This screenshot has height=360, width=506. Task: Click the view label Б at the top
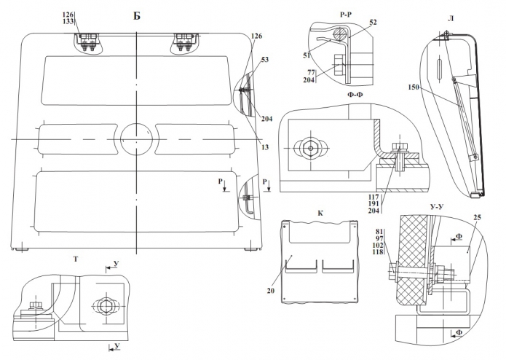point(137,15)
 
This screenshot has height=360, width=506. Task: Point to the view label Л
point(452,16)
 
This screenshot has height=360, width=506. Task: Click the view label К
point(320,213)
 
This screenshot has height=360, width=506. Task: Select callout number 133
point(68,23)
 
